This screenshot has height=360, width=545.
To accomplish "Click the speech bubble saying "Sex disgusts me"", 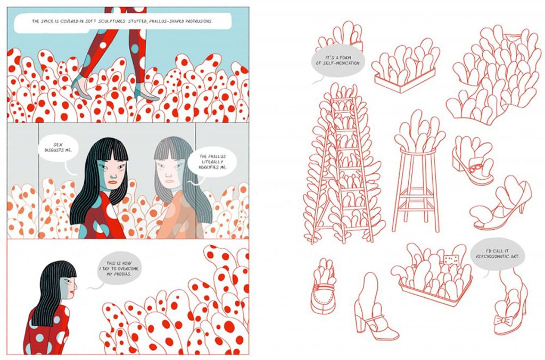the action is tap(57, 148).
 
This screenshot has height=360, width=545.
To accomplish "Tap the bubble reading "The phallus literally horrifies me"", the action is tap(212, 162).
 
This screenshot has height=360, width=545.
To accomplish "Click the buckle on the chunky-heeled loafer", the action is tap(474, 169).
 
